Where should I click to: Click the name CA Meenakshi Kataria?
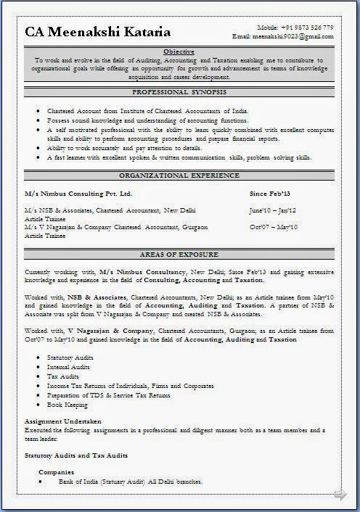pos(98,32)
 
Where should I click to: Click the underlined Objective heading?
pos(179,52)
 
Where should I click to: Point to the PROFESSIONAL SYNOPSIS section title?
pos(179,93)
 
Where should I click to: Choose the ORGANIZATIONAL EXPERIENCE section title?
pos(179,176)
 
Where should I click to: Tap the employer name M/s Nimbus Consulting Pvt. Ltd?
pos(78,194)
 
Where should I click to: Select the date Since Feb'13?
pos(269,194)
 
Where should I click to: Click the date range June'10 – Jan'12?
pos(272,210)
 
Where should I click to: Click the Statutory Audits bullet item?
pos(71,358)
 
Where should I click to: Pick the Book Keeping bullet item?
pos(67,405)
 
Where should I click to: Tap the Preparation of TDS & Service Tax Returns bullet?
pos(109,395)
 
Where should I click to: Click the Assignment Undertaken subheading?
pos(62,421)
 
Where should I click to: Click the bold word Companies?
pos(56,472)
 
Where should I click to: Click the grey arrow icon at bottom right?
pos(340,495)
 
